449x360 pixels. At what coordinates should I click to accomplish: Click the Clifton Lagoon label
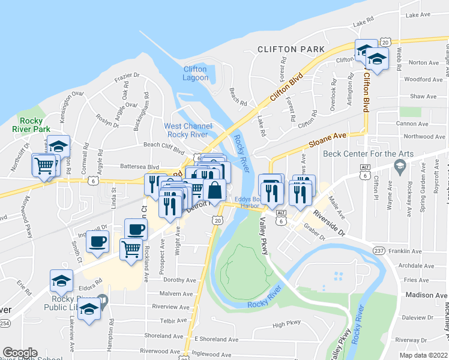[x=196, y=73]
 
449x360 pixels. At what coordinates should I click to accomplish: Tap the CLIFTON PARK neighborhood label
[x=291, y=49]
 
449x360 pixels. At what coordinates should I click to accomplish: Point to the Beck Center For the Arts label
[x=368, y=154]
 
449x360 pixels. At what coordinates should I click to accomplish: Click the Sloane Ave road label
[x=328, y=141]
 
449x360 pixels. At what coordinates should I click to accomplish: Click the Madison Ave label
[x=426, y=295]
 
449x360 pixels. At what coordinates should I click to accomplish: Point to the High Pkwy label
[x=286, y=325]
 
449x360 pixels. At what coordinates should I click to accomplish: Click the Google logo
[x=20, y=353]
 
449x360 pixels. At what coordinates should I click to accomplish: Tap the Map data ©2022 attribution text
[x=423, y=355]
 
